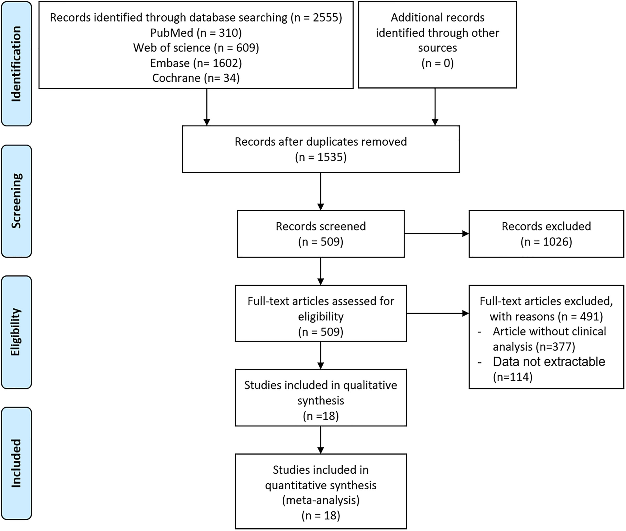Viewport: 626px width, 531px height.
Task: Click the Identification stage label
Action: (16, 64)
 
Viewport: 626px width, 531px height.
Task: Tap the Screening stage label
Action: (16, 201)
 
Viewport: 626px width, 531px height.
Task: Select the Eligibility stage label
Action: (16, 332)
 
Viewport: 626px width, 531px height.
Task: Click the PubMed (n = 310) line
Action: (196, 33)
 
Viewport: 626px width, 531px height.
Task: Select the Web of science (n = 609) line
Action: (196, 48)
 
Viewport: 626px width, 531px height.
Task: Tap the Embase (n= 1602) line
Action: (196, 63)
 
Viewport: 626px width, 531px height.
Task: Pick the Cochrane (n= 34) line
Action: (196, 78)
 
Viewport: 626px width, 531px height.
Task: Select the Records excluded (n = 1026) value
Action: (546, 242)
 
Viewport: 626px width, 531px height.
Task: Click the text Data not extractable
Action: (549, 362)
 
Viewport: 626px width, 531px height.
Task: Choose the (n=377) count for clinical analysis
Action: (555, 346)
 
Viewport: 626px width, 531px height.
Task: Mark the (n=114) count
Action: (513, 376)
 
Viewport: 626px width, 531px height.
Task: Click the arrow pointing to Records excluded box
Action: (437, 233)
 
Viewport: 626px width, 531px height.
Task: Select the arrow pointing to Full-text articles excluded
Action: (438, 313)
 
